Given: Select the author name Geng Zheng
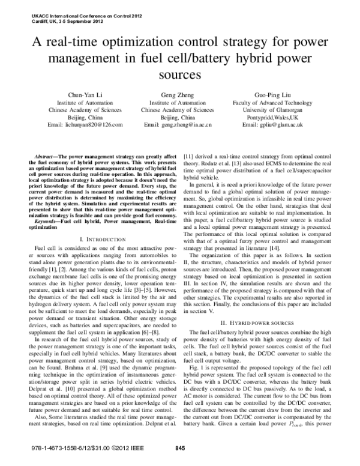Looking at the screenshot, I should click(177, 95).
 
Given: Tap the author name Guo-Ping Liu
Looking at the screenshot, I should click(273, 95).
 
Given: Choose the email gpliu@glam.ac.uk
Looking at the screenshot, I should click(273, 124).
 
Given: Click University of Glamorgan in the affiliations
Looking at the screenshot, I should click(273, 110).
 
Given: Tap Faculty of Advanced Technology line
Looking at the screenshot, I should click(273, 103).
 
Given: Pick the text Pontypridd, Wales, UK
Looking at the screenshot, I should click(273, 117).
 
